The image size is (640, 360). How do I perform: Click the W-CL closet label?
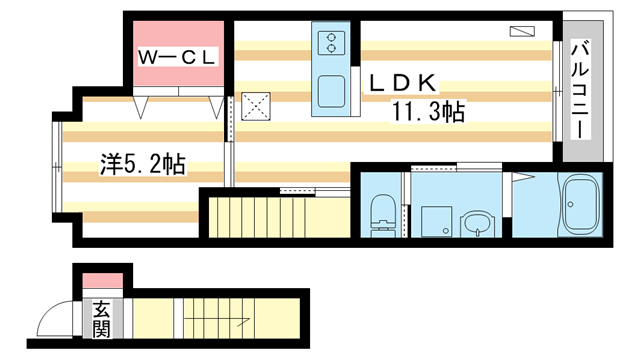tap(177, 58)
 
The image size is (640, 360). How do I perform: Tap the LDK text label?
tap(402, 83)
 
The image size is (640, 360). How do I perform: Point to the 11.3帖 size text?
tap(428, 111)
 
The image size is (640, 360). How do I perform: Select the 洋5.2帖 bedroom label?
tap(143, 164)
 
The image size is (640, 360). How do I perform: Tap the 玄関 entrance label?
tap(101, 320)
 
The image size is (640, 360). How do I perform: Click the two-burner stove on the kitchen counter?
tap(331, 43)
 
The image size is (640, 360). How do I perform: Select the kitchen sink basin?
tap(331, 91)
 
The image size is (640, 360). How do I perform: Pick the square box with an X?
tap(256, 107)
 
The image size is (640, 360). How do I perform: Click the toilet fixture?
tap(383, 215)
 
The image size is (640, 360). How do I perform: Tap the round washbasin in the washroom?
tap(477, 224)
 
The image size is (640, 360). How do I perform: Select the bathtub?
tap(580, 205)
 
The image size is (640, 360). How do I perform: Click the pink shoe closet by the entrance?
tap(103, 280)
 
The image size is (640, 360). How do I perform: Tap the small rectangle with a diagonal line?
tap(522, 31)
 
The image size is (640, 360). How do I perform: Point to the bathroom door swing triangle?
tap(522, 177)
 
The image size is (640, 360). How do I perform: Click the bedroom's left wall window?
tap(58, 167)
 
